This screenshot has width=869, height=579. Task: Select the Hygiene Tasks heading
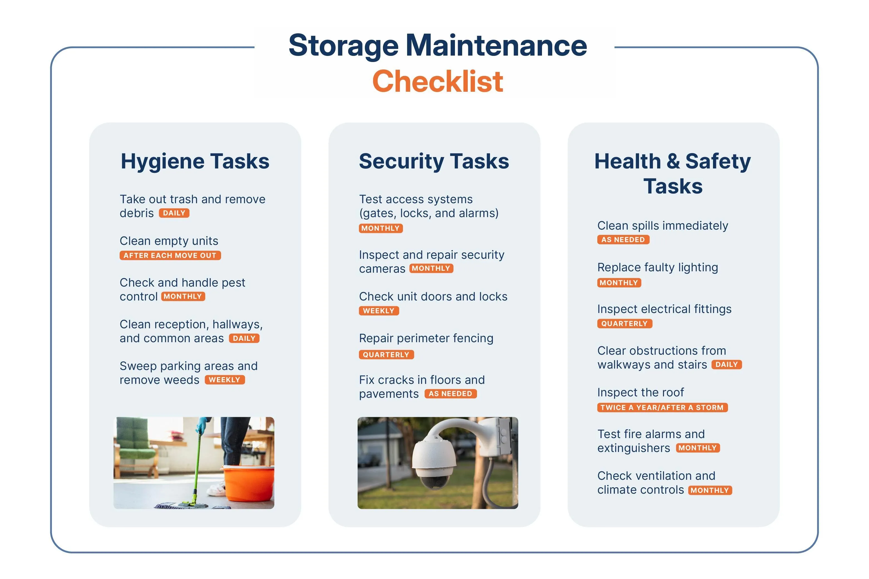coord(195,161)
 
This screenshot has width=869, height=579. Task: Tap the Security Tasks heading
coord(434,161)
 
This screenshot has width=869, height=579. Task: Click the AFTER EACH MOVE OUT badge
coord(170,255)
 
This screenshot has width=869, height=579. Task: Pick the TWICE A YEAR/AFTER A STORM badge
coord(662,408)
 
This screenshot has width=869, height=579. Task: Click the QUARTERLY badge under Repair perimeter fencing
coord(386,355)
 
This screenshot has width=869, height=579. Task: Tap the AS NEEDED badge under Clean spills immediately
coord(623,240)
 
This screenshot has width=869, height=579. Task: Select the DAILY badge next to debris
coord(174,213)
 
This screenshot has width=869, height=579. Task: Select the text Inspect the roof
coord(640,392)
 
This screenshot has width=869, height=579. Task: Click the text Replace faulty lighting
coord(657,268)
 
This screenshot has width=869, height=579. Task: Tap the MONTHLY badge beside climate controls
coord(710,490)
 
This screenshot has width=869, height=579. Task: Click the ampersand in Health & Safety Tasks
coord(673,161)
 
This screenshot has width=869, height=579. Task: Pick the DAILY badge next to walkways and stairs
coord(726,365)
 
